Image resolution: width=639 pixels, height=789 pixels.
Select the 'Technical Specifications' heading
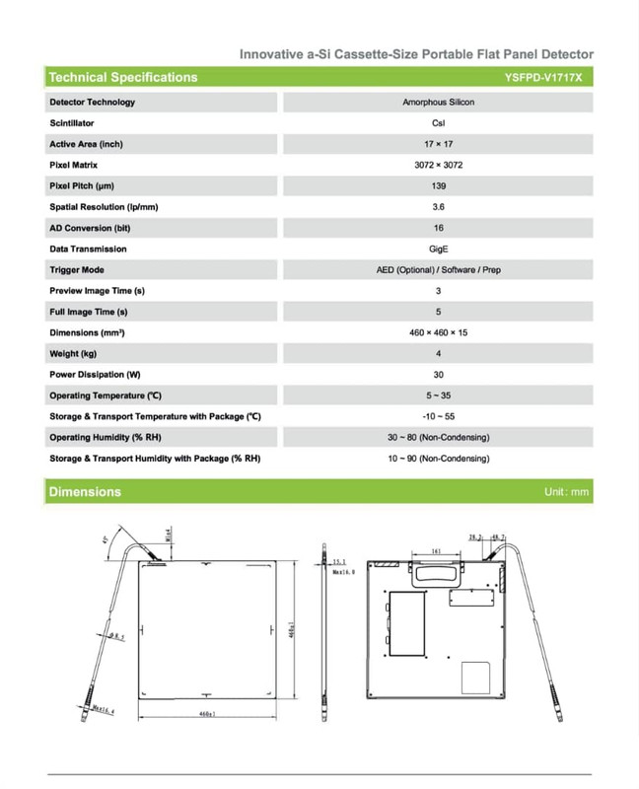tap(122, 77)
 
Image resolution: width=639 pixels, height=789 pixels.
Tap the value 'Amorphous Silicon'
tap(438, 103)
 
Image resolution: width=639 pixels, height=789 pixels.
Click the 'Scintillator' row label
tap(72, 123)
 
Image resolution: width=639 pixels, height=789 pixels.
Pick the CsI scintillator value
tap(438, 123)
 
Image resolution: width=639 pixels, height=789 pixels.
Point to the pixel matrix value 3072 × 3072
tap(438, 165)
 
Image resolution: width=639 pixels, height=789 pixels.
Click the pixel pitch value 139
tap(438, 185)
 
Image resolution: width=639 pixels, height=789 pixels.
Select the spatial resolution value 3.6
tap(438, 207)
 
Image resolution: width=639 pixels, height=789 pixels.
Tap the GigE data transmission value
tap(438, 249)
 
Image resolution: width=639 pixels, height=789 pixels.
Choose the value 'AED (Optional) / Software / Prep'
tap(438, 269)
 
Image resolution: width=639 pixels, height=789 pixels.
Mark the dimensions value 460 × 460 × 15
tap(438, 332)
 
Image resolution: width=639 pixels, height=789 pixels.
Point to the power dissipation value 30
tap(438, 375)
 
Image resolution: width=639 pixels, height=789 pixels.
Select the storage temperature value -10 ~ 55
tap(438, 416)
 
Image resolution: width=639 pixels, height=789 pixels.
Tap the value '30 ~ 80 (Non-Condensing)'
tap(438, 437)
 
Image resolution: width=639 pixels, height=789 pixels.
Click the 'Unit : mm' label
tap(565, 491)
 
